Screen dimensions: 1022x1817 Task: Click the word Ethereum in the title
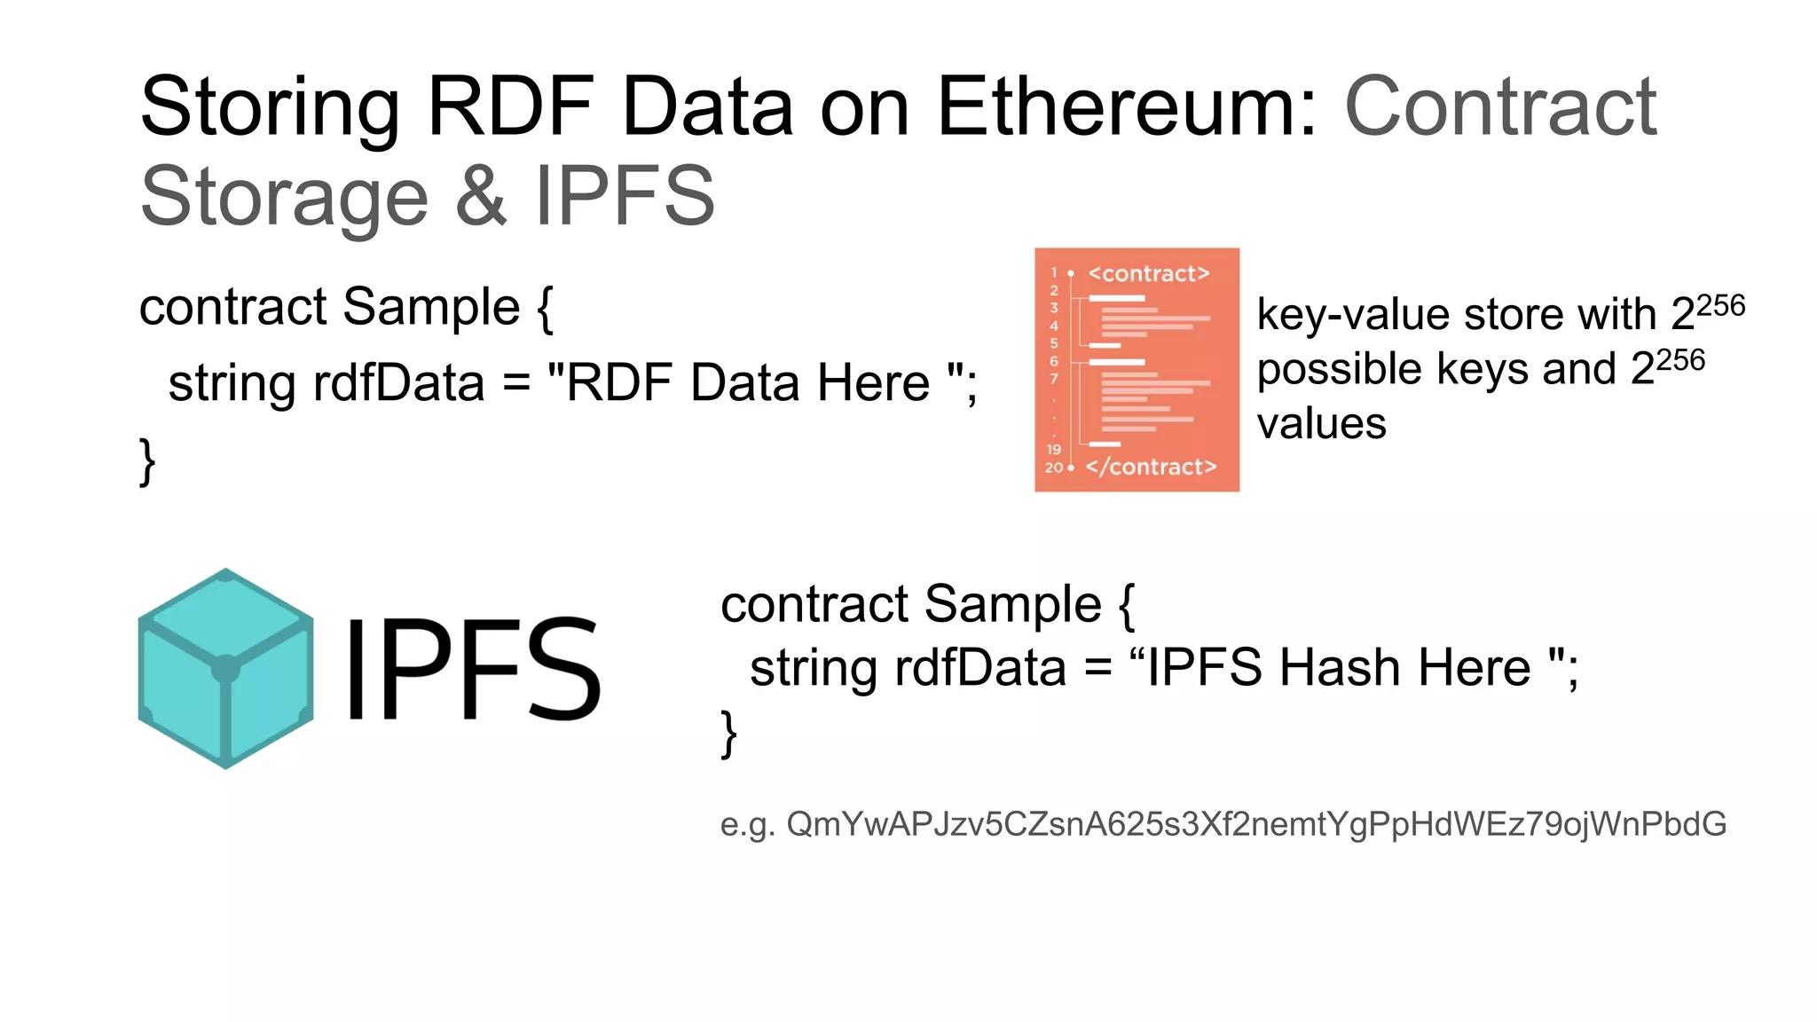[x=1127, y=107]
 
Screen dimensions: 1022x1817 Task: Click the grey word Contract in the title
[x=1500, y=107]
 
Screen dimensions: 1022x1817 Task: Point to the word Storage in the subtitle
[x=284, y=198]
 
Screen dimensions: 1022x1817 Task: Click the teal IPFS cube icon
[x=225, y=669]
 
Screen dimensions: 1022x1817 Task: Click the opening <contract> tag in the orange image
[x=1148, y=273]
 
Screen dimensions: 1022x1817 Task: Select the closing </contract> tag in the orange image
[x=1151, y=467]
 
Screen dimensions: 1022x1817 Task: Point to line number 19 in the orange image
[x=1053, y=449]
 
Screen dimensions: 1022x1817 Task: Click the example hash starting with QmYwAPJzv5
[x=1255, y=824]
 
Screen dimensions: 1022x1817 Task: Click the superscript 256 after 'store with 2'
[x=1720, y=306]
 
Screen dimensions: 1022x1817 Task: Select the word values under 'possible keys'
[x=1321, y=424]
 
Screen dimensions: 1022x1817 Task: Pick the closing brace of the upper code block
[x=147, y=461]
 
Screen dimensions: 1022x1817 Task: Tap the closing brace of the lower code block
[x=728, y=734]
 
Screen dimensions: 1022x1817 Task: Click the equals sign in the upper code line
[x=515, y=384]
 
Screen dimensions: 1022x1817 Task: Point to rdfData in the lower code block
[x=979, y=668]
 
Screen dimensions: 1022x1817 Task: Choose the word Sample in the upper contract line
[x=431, y=307]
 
